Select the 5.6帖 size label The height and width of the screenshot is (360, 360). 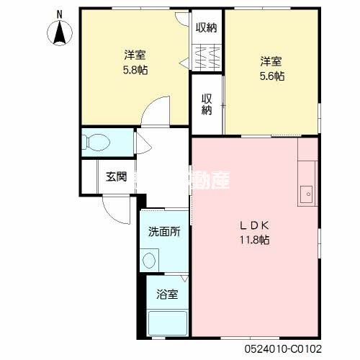[271, 75]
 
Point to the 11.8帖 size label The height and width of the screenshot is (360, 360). [255, 239]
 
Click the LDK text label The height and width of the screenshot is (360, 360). [255, 224]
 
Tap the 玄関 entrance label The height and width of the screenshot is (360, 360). [116, 176]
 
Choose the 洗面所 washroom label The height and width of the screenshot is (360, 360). [164, 232]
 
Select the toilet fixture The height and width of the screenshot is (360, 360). [96, 143]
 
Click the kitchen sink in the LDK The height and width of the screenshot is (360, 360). [306, 192]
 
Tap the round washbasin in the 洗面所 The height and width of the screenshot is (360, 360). [150, 258]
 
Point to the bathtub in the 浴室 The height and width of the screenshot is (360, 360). [166, 324]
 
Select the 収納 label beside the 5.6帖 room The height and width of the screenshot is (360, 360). [207, 104]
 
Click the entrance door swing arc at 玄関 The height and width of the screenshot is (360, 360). [114, 210]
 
